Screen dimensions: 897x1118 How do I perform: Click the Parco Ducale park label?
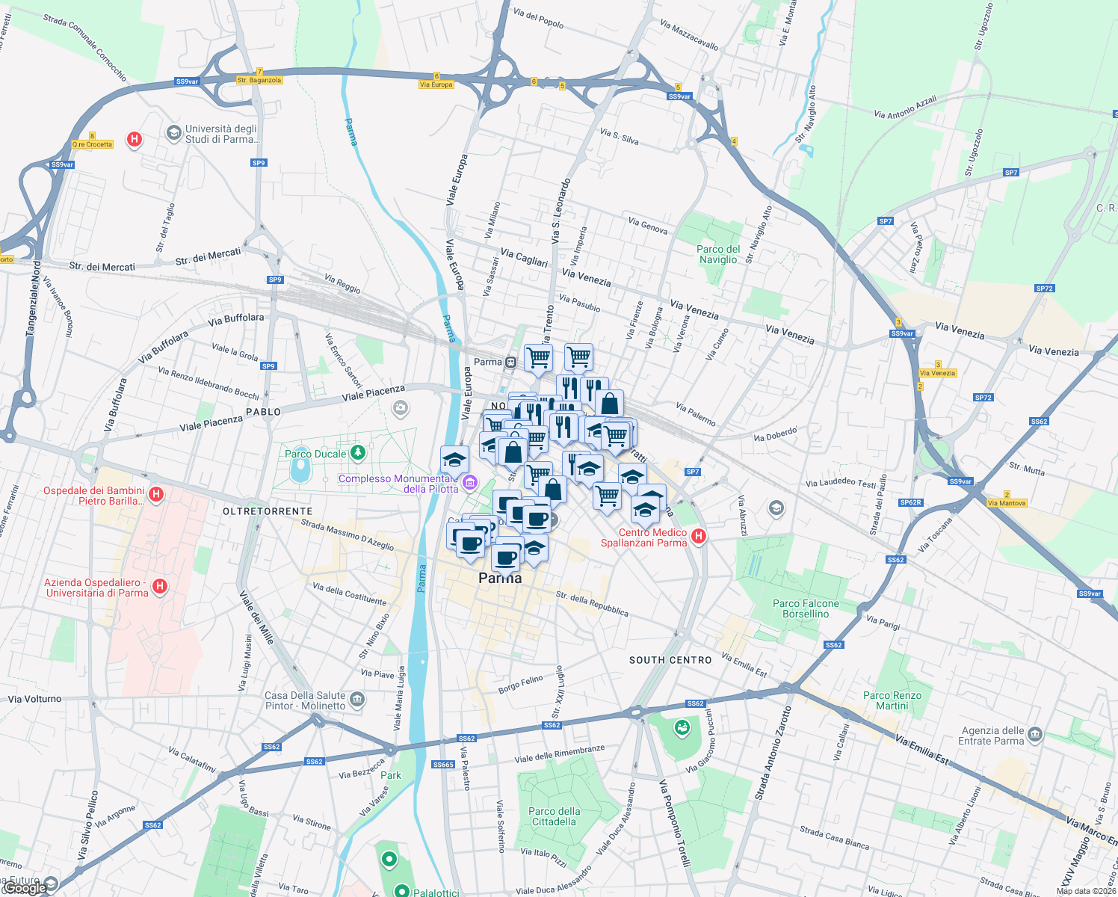coord(315,454)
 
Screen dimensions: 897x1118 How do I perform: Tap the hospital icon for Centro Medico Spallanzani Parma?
coord(699,536)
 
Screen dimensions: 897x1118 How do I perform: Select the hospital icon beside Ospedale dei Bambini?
coord(156,494)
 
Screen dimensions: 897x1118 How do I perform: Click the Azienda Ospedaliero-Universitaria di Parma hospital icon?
coord(159,586)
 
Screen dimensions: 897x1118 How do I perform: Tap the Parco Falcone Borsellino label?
coord(806,608)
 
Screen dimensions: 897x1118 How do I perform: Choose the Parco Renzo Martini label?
coord(892,700)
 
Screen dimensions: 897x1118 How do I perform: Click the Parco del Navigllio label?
coord(718,254)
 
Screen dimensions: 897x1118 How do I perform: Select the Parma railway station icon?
coord(511,363)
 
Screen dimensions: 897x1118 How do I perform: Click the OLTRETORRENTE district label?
coord(268,511)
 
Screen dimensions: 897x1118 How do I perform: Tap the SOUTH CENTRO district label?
coord(670,660)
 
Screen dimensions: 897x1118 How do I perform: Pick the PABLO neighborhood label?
coord(264,412)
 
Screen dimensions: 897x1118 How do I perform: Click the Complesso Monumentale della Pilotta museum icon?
coord(469,483)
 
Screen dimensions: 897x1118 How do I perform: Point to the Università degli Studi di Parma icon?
coord(174,133)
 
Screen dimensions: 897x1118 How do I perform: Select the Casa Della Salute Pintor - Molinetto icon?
coord(357,700)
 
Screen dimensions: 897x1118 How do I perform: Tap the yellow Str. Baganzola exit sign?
coord(259,80)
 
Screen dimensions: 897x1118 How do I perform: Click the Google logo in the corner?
coord(24,888)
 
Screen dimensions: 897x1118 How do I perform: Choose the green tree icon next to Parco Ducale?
coord(358,452)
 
